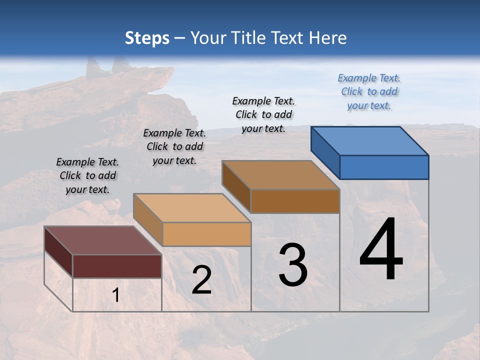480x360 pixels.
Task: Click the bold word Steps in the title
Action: (146, 38)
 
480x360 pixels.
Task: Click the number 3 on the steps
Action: (293, 265)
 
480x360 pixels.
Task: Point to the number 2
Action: (201, 280)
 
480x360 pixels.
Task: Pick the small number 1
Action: (116, 295)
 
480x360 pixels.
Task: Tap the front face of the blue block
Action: (384, 167)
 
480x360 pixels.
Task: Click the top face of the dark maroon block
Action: (102, 240)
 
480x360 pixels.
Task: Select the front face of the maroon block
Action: (117, 266)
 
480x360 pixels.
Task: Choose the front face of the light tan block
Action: (206, 234)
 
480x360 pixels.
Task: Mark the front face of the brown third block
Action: (295, 201)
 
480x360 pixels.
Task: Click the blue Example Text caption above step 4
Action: (369, 91)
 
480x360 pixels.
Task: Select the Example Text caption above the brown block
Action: (263, 114)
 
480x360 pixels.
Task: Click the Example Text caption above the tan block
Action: (174, 146)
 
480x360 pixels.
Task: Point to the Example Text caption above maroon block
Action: (87, 175)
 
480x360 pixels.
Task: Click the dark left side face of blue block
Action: (325, 152)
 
